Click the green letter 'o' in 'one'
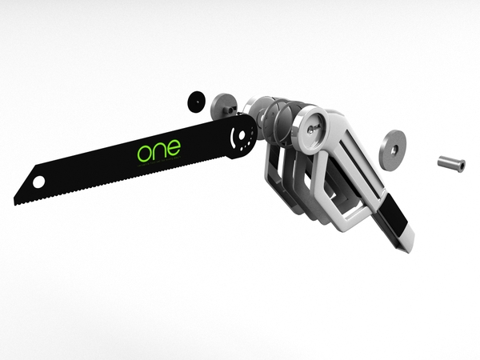point(146,153)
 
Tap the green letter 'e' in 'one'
point(172,148)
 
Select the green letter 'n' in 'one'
point(159,150)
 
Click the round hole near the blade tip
point(38,182)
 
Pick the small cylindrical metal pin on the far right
point(450,163)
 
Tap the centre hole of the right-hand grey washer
point(392,148)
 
